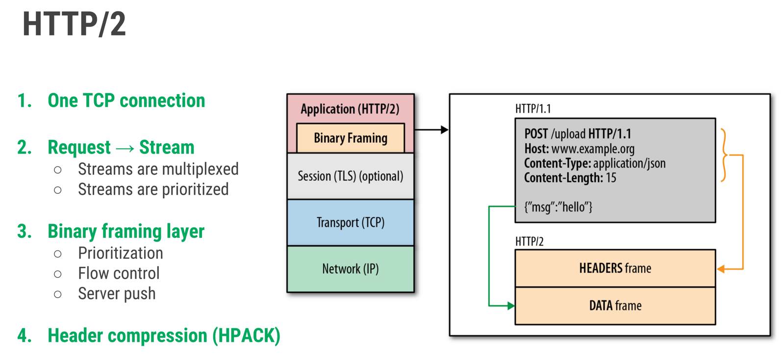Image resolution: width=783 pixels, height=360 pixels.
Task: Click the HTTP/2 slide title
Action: (x=74, y=24)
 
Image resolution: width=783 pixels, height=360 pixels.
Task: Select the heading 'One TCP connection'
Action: (x=126, y=101)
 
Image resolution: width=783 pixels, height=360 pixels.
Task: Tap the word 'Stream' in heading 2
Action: (x=167, y=147)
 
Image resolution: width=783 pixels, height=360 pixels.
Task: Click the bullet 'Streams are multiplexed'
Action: (x=158, y=169)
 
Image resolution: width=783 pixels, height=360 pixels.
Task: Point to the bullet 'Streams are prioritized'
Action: (x=153, y=189)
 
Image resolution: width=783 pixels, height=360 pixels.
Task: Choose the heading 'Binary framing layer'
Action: (x=126, y=231)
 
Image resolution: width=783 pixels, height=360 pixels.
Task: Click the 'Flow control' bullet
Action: (x=119, y=273)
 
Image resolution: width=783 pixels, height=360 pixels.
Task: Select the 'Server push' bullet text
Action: (x=117, y=294)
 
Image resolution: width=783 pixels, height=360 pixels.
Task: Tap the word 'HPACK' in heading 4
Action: (x=247, y=335)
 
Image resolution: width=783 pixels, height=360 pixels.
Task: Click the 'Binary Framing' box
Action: (x=351, y=138)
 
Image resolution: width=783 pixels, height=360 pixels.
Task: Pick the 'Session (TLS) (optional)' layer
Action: (x=351, y=176)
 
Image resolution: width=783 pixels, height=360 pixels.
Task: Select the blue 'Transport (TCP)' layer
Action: (x=351, y=223)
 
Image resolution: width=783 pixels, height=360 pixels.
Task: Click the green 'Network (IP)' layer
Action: (x=351, y=269)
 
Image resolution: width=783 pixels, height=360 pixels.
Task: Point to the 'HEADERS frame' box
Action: (x=615, y=268)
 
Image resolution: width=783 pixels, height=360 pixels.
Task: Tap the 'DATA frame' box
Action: (x=615, y=306)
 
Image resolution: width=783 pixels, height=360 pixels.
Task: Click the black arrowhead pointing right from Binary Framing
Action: (x=445, y=130)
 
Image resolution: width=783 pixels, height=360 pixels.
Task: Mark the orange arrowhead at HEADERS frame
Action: (x=721, y=269)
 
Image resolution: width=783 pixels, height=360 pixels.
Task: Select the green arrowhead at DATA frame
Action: (x=511, y=306)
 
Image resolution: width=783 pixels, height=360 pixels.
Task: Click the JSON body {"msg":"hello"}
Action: (x=558, y=207)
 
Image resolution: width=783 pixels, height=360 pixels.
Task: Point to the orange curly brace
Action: (x=724, y=155)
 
